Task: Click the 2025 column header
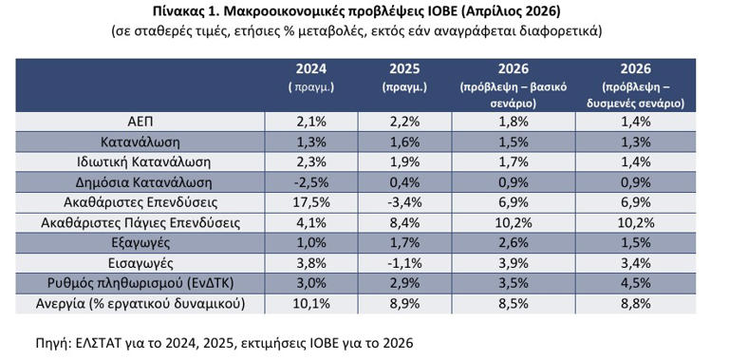(x=405, y=69)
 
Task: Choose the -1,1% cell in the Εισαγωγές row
(x=405, y=262)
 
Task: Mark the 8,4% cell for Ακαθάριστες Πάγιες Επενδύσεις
(x=405, y=222)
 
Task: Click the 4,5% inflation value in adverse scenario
(x=636, y=282)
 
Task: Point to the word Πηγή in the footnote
(x=45, y=341)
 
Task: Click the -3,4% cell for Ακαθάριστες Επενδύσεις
(x=405, y=202)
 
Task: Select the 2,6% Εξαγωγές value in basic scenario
(x=513, y=242)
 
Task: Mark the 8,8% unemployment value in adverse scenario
(x=636, y=303)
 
